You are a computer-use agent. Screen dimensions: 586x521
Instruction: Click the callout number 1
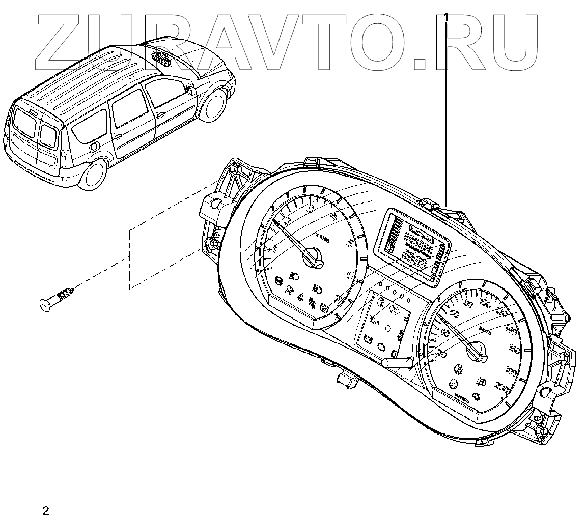447,16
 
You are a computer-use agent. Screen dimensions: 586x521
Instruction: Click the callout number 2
46,509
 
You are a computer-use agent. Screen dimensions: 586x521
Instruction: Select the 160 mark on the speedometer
515,350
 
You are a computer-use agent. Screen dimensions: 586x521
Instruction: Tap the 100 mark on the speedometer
485,304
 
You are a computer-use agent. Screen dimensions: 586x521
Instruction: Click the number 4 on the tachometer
333,216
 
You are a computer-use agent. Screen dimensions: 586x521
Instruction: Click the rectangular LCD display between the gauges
413,243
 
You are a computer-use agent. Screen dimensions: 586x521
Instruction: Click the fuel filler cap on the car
93,147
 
